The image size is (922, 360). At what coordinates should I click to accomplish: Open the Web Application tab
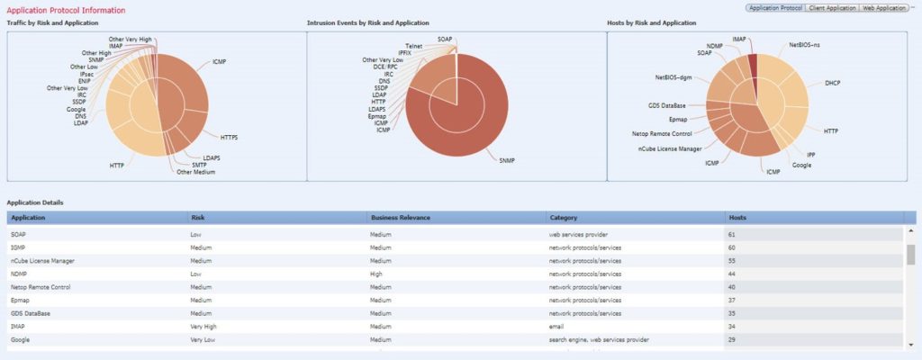pyautogui.click(x=882, y=7)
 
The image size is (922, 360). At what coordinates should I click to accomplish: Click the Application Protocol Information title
pyautogui.click(x=66, y=10)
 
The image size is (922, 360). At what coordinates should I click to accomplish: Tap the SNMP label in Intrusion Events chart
pyautogui.click(x=508, y=159)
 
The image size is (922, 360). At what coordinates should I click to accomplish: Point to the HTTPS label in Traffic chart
pyautogui.click(x=234, y=137)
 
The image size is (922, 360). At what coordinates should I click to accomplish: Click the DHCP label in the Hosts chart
pyautogui.click(x=833, y=82)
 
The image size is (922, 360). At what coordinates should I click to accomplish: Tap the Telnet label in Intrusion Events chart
pyautogui.click(x=414, y=45)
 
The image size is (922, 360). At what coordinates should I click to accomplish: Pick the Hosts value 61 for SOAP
pyautogui.click(x=731, y=233)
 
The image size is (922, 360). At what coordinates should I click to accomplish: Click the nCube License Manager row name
pyautogui.click(x=42, y=260)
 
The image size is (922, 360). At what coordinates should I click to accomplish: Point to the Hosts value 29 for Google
pyautogui.click(x=731, y=339)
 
